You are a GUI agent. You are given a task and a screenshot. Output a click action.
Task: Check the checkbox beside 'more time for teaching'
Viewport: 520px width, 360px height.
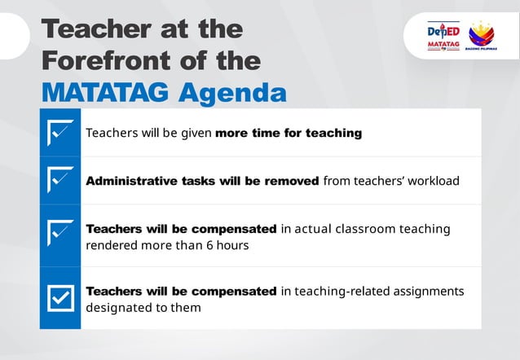pos(60,132)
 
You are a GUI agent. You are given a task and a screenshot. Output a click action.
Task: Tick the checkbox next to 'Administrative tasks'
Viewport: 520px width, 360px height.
pos(60,180)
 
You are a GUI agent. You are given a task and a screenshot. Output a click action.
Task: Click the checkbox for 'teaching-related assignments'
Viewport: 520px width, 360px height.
pos(60,298)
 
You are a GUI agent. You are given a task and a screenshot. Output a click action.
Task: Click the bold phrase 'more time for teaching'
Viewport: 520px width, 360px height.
pos(288,133)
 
